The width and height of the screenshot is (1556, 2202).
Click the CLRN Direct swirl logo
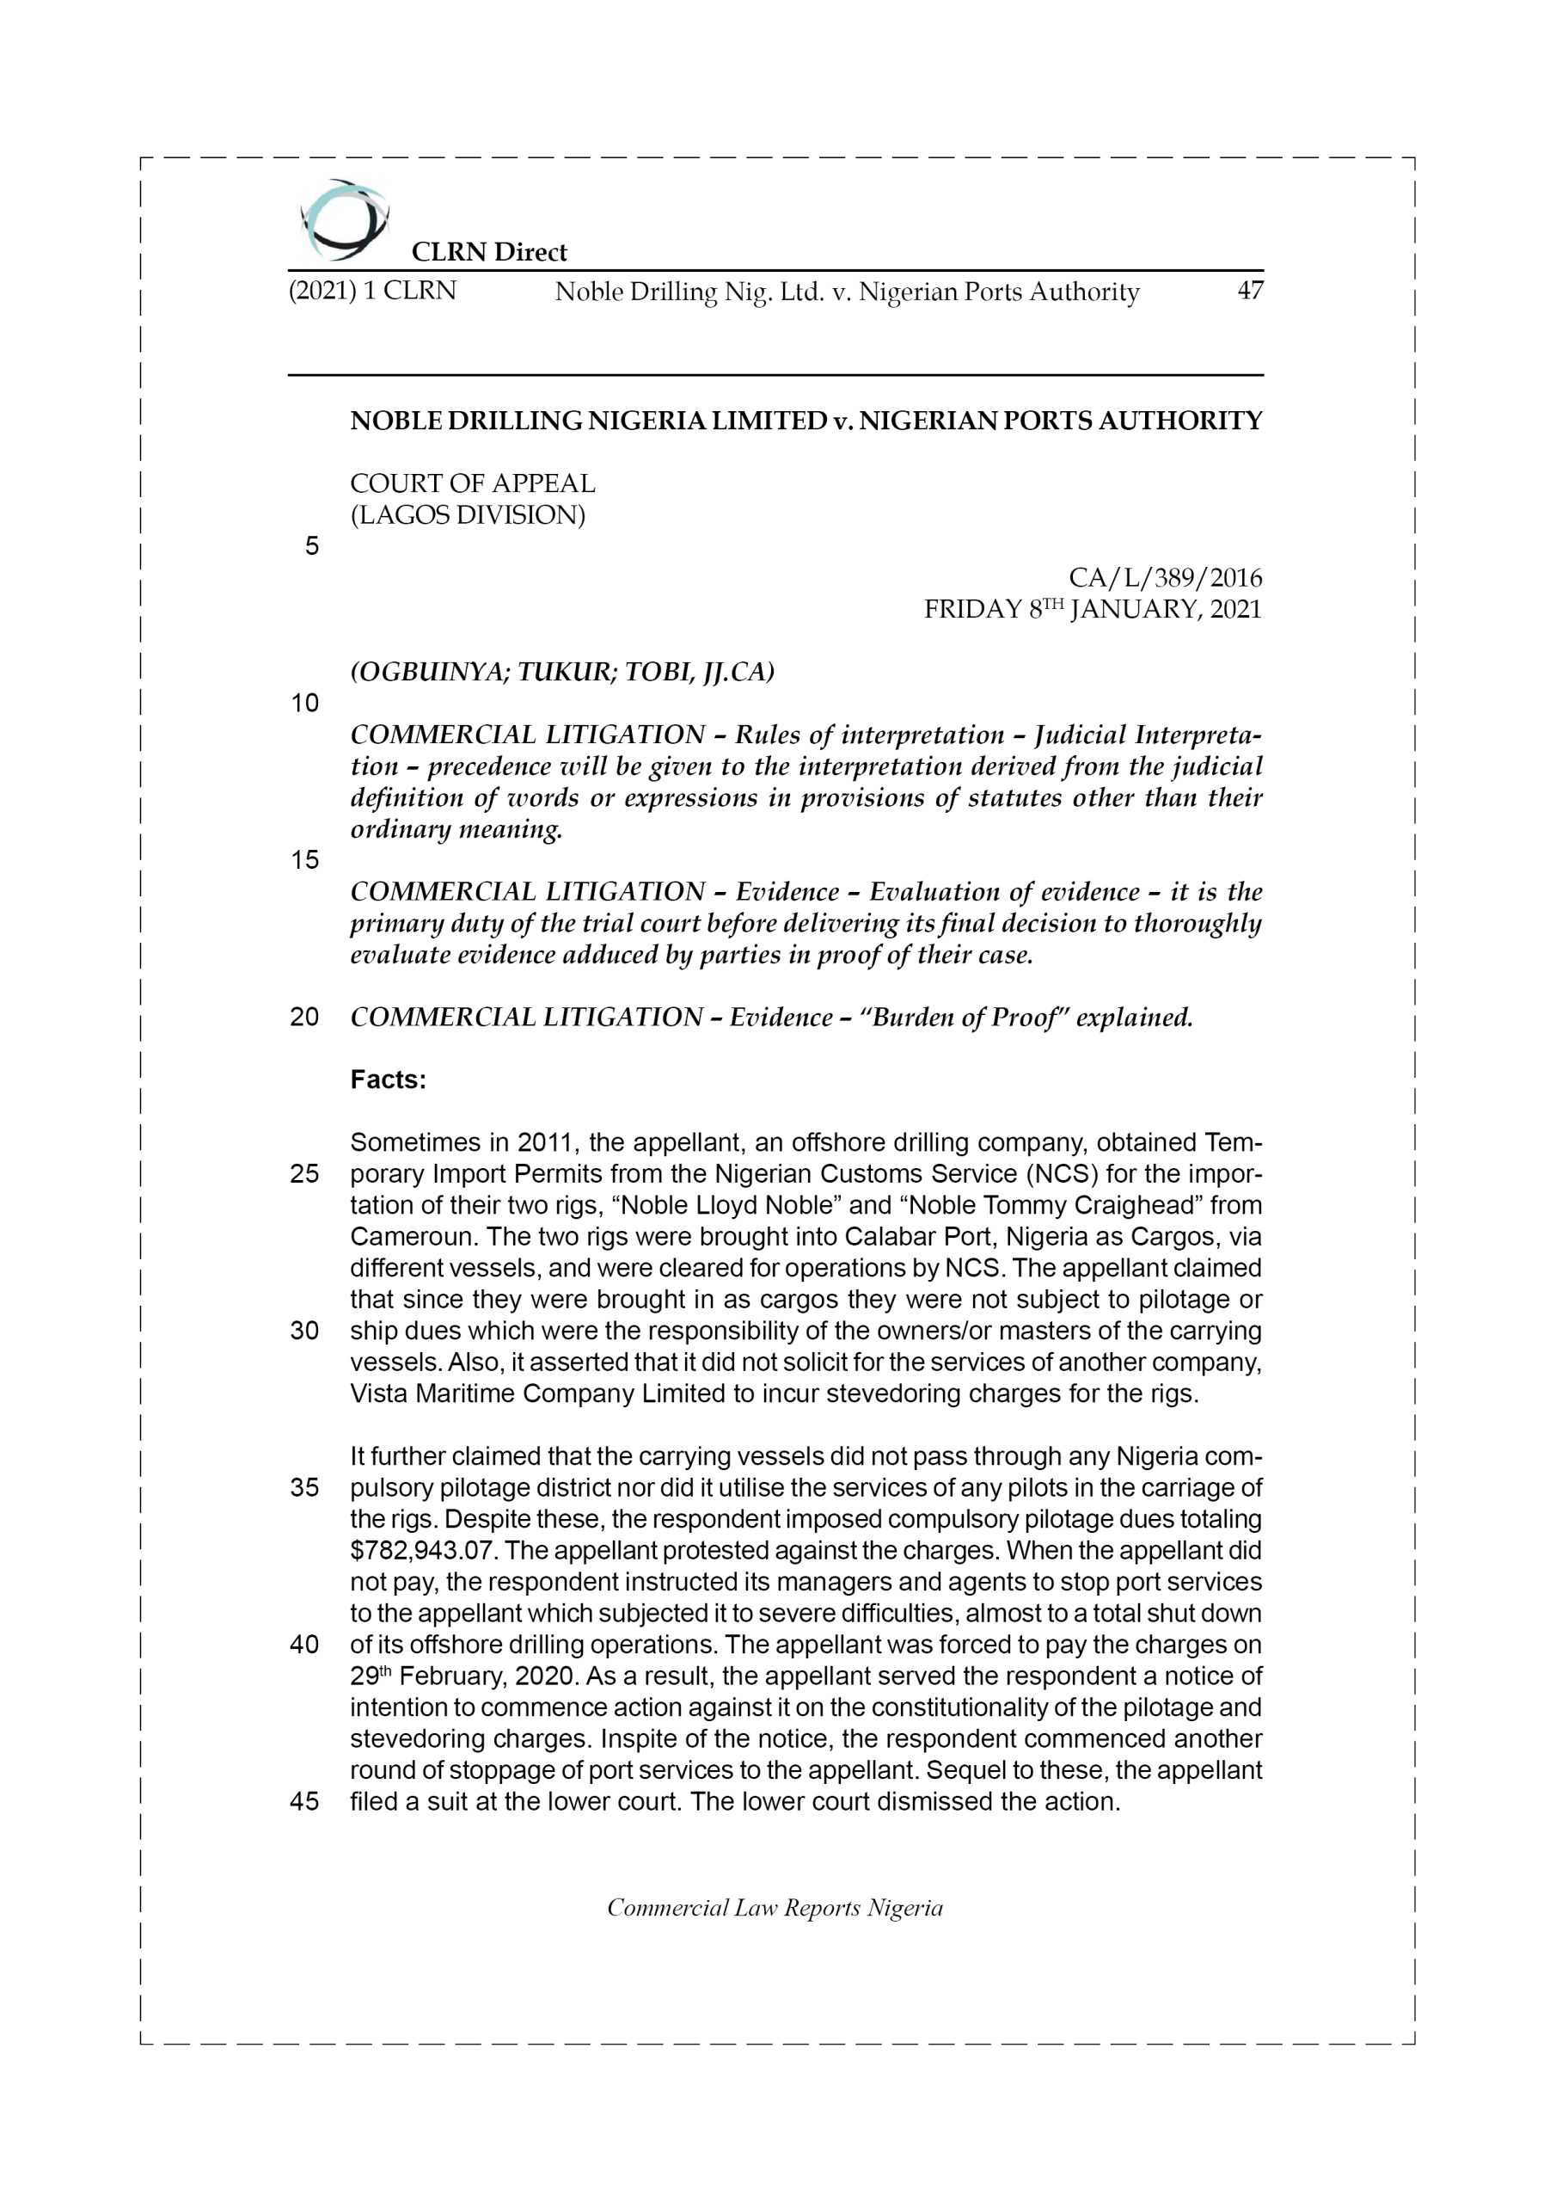pyautogui.click(x=343, y=219)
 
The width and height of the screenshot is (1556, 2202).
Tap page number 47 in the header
pyautogui.click(x=1250, y=291)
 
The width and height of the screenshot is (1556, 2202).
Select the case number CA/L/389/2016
pyautogui.click(x=1165, y=578)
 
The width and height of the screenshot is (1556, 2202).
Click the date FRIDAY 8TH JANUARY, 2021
pyautogui.click(x=1092, y=610)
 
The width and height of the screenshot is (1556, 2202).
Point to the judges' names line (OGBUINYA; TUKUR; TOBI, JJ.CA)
pyautogui.click(x=562, y=673)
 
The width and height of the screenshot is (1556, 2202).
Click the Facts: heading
pyautogui.click(x=388, y=1079)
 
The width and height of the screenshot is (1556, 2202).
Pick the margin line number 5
pyautogui.click(x=311, y=547)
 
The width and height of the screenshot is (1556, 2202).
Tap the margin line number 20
pyautogui.click(x=304, y=1018)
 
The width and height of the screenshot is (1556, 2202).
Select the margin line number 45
pyautogui.click(x=304, y=1802)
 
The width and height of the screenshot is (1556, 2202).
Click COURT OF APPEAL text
pyautogui.click(x=472, y=483)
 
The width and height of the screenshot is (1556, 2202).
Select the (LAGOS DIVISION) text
pyautogui.click(x=467, y=515)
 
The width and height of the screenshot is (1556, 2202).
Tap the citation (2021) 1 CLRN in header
pyautogui.click(x=372, y=291)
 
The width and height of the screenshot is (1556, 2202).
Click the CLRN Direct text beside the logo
pyautogui.click(x=488, y=252)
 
